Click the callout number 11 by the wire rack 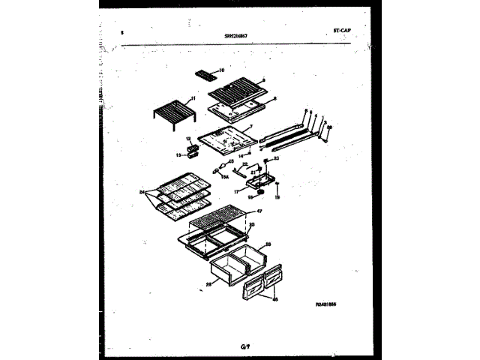(193, 99)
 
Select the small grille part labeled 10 (204, 74)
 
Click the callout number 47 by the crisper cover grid (259, 212)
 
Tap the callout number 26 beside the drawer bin (268, 244)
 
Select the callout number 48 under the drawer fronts (274, 299)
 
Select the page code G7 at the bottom (244, 346)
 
